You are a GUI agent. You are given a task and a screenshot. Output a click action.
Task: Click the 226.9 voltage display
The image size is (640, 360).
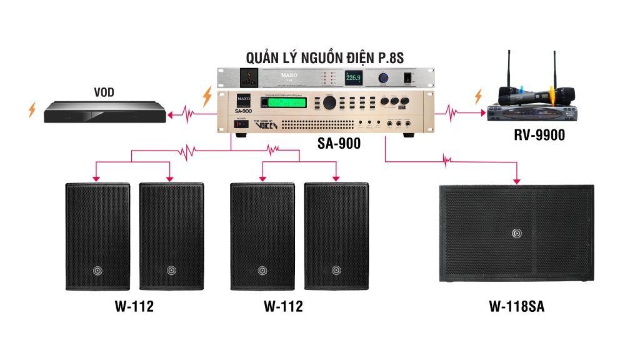pyautogui.click(x=354, y=78)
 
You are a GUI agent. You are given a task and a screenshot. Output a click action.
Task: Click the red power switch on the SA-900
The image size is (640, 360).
pyautogui.click(x=239, y=124)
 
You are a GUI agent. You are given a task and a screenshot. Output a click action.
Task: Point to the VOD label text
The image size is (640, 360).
pyautogui.click(x=103, y=93)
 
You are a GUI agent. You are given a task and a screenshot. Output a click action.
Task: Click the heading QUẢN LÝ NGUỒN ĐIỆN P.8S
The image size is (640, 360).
pyautogui.click(x=325, y=58)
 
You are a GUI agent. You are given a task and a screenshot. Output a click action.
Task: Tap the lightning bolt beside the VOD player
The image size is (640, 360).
pyautogui.click(x=32, y=111)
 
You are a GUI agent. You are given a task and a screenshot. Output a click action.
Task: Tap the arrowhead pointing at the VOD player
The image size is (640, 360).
pyautogui.click(x=169, y=114)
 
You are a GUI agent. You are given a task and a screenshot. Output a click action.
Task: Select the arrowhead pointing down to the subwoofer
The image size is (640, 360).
pyautogui.click(x=517, y=181)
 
